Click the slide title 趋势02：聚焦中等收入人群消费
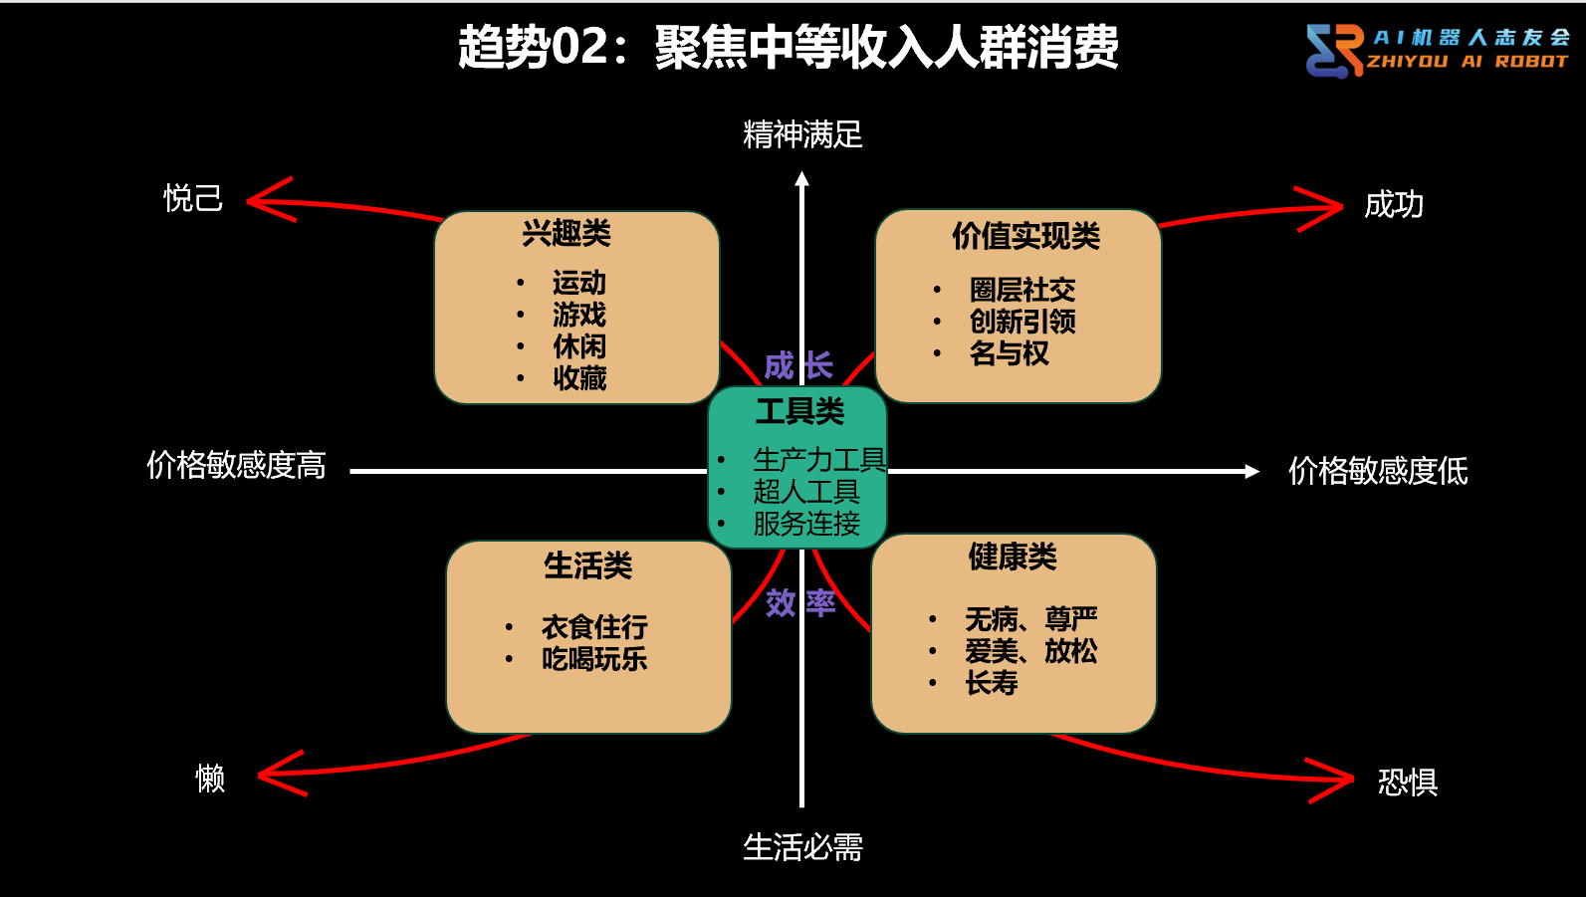788,47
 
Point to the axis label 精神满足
802,134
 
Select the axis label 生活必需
802,847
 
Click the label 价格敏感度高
236,465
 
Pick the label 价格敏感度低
1378,471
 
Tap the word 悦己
193,198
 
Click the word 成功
1393,205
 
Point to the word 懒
210,778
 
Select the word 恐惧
1407,783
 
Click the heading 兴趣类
566,234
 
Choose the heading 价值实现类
1025,237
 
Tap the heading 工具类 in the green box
799,411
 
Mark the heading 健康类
1013,557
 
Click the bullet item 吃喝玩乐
594,659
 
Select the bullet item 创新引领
1022,322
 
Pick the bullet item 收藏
579,378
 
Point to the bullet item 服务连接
806,524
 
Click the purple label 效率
800,602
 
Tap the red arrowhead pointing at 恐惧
1339,780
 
